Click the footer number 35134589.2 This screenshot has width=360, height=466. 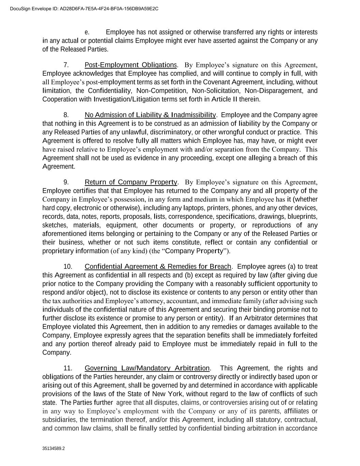click(x=54, y=449)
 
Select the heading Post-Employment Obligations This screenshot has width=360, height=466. click(x=131, y=65)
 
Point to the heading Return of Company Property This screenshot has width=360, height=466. click(x=131, y=182)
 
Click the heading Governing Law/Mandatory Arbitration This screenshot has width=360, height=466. click(x=147, y=368)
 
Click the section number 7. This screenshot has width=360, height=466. click(x=67, y=65)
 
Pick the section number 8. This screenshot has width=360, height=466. click(x=67, y=115)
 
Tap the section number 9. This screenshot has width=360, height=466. click(x=67, y=182)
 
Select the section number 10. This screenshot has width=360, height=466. click(x=68, y=266)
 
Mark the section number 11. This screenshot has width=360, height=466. click(x=68, y=368)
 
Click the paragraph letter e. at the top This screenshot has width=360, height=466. click(x=87, y=32)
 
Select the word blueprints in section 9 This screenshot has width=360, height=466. click(x=302, y=216)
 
